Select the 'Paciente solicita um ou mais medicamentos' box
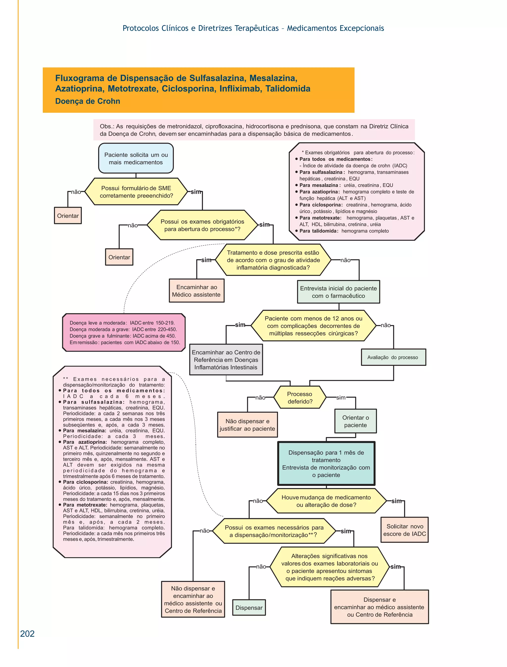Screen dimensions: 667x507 [136, 158]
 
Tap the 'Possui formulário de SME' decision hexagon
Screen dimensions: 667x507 [136, 192]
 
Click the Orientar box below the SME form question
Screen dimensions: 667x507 [68, 216]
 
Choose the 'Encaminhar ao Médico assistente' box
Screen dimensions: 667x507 [196, 291]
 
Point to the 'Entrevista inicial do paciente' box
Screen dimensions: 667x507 [338, 292]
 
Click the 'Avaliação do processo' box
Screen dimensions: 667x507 [393, 357]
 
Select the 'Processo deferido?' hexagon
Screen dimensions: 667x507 [300, 398]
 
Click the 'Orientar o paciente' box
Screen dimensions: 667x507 [355, 421]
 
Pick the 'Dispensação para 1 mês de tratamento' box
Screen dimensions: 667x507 [326, 464]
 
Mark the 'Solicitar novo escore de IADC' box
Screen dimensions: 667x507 [404, 530]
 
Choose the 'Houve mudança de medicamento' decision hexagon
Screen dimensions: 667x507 [326, 501]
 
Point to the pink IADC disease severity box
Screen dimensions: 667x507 [124, 333]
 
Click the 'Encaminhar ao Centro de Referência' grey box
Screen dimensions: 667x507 [226, 360]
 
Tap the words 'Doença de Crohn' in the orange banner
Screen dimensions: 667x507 [88, 101]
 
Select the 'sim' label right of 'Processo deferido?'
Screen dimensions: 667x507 [341, 398]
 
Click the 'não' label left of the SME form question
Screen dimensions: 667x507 [76, 192]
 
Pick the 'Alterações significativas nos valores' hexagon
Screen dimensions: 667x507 [330, 567]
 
